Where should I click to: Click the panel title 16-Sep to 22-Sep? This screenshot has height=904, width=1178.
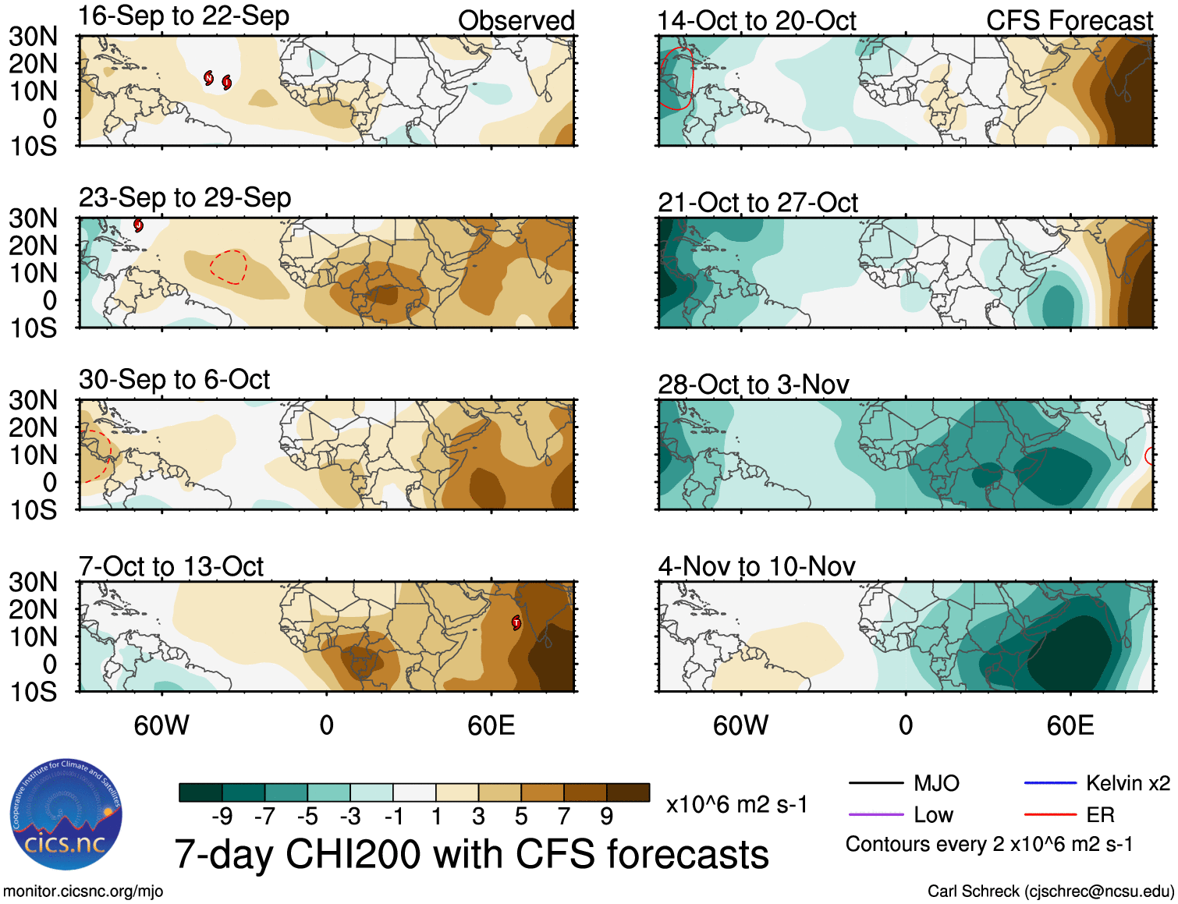click(x=183, y=16)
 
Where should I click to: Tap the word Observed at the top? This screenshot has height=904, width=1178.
click(x=516, y=21)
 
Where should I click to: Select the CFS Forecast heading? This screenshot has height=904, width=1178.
click(x=1069, y=21)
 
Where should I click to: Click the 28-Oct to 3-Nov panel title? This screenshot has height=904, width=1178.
click(x=753, y=385)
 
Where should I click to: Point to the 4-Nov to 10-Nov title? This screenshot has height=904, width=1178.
click(x=756, y=566)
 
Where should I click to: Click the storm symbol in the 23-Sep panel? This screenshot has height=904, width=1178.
click(x=138, y=225)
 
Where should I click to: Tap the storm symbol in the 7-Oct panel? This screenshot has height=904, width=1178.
click(x=516, y=622)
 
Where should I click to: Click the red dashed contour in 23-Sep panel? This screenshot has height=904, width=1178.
click(x=229, y=266)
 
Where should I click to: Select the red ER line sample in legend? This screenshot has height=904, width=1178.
click(x=1050, y=815)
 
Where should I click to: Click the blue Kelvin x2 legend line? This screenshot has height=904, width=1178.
click(x=1050, y=783)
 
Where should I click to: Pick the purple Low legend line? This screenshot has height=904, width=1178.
click(x=875, y=815)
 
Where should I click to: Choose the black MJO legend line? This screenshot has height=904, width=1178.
click(x=875, y=783)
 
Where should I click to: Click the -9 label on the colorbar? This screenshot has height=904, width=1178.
click(x=222, y=817)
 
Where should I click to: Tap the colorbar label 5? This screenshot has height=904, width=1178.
click(x=521, y=817)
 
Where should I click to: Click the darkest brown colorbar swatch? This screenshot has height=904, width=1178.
click(x=628, y=792)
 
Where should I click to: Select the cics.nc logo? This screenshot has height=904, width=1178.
click(x=66, y=815)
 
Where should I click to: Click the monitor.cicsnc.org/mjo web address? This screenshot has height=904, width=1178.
click(x=83, y=892)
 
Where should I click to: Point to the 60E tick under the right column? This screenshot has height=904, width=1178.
click(x=1070, y=726)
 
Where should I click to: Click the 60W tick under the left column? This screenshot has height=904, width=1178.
click(x=161, y=726)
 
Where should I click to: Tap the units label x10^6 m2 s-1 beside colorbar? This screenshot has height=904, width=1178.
click(x=736, y=805)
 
